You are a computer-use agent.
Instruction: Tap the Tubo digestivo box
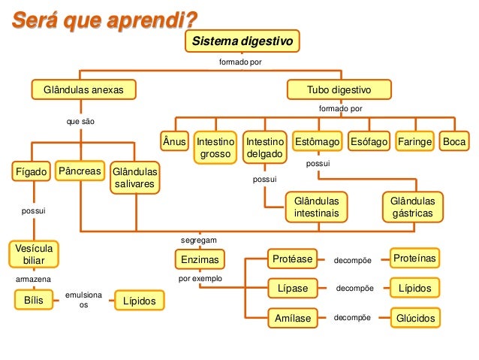coord(339,90)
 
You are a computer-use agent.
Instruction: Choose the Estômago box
coord(318,141)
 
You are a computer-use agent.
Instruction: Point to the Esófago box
coord(369,141)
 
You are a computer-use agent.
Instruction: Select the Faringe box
coord(415,141)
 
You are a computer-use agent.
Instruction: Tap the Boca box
coord(454,141)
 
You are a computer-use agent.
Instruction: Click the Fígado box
coord(32,171)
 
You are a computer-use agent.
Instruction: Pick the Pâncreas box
coord(80,171)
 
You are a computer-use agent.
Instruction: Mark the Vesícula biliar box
coord(35,254)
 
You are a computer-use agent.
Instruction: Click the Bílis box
coord(33,301)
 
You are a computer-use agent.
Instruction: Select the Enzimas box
coord(199,260)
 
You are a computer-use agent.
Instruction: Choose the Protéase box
coord(292,259)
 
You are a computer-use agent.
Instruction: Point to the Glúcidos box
coord(416,319)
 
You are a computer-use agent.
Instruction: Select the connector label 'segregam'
coord(199,240)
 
